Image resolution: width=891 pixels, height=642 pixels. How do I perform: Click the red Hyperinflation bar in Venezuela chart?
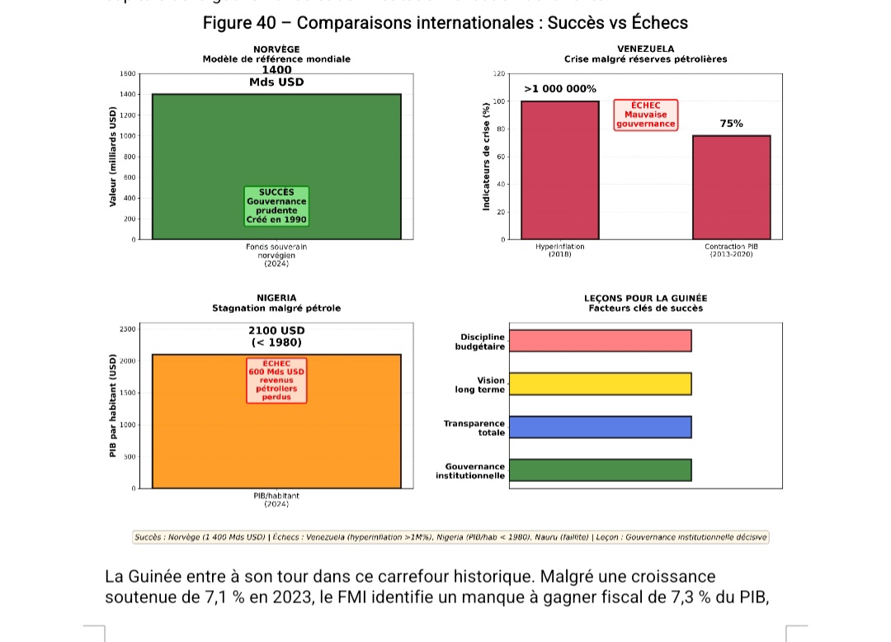pos(560,170)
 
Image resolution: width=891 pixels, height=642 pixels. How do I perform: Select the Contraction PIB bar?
pos(731,187)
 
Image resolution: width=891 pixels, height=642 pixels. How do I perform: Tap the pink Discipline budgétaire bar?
pos(600,341)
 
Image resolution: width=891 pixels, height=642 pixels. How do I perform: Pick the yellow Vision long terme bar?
pos(600,384)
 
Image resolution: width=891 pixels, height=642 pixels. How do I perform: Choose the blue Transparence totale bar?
pos(600,427)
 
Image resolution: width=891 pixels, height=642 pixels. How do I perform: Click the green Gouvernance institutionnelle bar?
pos(600,470)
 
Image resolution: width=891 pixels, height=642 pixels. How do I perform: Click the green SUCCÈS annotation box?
pos(276,206)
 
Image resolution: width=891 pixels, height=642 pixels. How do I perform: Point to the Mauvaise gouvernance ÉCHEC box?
pos(645,115)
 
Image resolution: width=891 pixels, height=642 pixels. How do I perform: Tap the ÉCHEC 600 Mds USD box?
pos(276,380)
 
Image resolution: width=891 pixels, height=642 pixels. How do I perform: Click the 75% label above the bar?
pos(731,124)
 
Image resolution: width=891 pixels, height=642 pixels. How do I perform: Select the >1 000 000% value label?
pos(560,89)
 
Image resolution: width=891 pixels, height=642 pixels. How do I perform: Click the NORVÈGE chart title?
pos(276,50)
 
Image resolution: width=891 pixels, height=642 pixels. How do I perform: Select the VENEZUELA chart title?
pos(645,50)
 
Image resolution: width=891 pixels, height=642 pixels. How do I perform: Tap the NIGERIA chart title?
pos(276,298)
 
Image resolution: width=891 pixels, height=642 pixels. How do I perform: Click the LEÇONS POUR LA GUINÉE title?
pos(645,298)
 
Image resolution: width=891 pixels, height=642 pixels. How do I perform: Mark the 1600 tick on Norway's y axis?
pos(127,74)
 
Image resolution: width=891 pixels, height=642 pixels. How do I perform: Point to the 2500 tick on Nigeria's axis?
pos(127,329)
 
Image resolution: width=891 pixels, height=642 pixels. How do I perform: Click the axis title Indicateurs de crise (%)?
pos(486,156)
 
